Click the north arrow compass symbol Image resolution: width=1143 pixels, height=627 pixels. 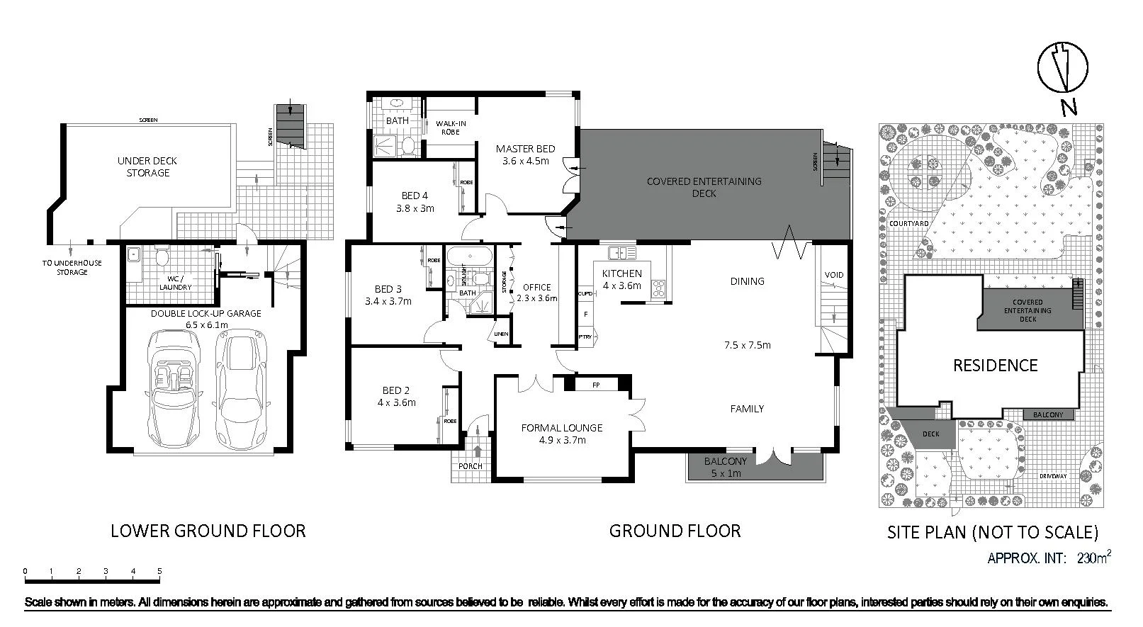click(x=1063, y=67)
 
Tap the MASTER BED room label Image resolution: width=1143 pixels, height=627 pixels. click(x=525, y=154)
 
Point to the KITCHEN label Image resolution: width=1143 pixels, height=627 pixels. click(x=621, y=279)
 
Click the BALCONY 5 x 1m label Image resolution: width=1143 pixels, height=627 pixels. click(x=725, y=467)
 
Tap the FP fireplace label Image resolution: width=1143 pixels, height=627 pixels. click(x=596, y=385)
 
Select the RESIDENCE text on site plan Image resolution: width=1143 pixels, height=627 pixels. click(x=995, y=366)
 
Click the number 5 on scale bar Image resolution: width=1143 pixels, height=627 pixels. click(x=159, y=571)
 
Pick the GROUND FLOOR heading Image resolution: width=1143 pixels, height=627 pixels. click(x=675, y=531)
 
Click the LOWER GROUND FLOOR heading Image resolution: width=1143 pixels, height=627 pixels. click(x=208, y=531)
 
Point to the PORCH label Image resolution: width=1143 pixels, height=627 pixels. click(x=471, y=466)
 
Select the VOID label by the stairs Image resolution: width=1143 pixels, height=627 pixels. click(x=834, y=275)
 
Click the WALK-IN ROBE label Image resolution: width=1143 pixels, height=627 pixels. click(x=450, y=128)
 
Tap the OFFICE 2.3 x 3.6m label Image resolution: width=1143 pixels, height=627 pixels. click(x=536, y=293)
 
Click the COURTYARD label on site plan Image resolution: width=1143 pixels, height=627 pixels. click(x=908, y=224)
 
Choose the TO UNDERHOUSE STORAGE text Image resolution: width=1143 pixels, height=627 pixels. click(x=72, y=267)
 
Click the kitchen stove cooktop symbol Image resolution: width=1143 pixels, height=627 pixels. click(x=659, y=287)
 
